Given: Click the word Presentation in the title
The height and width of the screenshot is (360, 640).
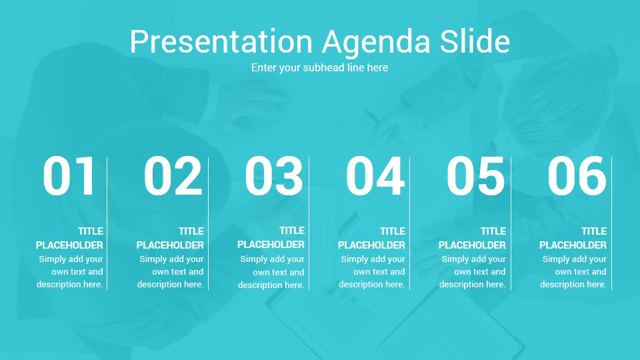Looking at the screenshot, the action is click(221, 41).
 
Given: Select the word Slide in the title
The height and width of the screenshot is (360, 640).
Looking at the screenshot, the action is click(475, 41).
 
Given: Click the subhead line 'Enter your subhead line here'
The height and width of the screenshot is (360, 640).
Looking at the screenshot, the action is click(319, 67).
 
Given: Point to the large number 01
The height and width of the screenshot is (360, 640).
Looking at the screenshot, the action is click(69, 176).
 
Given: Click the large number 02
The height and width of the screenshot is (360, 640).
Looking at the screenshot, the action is click(173, 176).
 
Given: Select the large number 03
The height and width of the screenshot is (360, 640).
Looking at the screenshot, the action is click(273, 176).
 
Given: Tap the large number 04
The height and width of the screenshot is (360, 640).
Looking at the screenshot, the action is click(375, 176).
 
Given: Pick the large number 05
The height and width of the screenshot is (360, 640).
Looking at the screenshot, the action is click(475, 176).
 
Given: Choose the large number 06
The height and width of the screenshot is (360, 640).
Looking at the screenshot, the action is click(577, 176).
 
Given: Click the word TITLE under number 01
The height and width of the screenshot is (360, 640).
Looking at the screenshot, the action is click(91, 231).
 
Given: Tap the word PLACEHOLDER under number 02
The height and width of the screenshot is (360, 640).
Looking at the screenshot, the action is click(170, 245).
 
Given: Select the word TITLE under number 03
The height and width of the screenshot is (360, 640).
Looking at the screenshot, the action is click(292, 231).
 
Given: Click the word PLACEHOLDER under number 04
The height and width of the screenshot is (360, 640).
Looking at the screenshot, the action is click(371, 245).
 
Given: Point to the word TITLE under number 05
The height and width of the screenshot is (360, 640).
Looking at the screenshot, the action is click(493, 231).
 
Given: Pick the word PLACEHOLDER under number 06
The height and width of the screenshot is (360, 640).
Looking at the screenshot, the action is click(573, 245).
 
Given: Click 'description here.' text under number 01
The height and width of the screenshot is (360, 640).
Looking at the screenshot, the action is click(70, 284).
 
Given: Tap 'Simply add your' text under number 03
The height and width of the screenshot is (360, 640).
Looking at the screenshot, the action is click(272, 259).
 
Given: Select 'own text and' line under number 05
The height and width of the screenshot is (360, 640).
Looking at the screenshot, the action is click(480, 271).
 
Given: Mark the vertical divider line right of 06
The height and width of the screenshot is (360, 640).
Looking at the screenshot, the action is click(611, 223).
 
